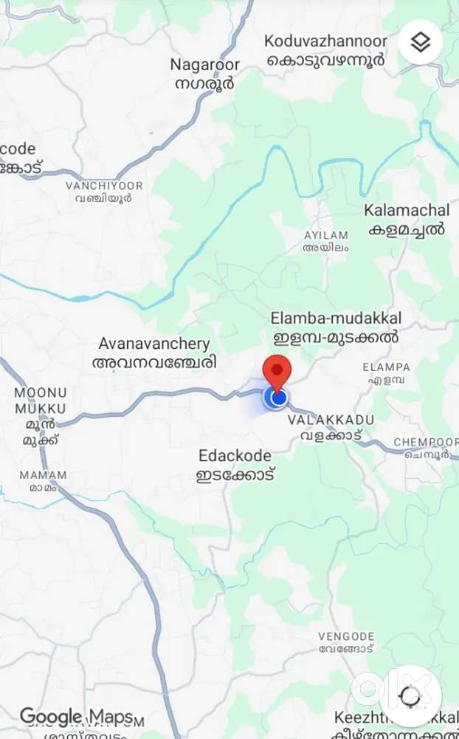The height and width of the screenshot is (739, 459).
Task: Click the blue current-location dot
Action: (x=278, y=398)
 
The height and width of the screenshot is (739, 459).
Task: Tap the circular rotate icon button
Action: (x=410, y=695)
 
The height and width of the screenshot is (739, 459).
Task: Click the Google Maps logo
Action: (x=76, y=716)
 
